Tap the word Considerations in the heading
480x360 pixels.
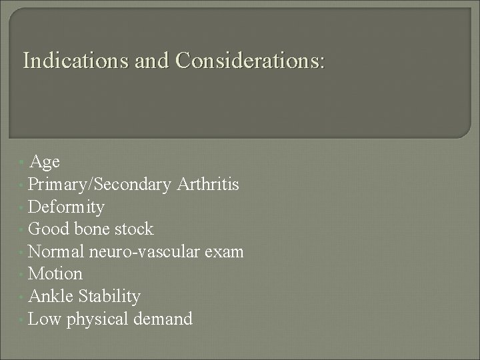coord(250,62)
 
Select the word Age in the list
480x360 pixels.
coord(45,161)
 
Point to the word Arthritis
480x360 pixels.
coord(208,184)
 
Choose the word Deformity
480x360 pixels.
coord(67,207)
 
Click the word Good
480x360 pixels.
coord(49,229)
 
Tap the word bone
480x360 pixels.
coord(93,229)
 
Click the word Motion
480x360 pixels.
coord(56,274)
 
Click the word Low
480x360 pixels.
coord(45,319)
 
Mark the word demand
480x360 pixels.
coord(163,319)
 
